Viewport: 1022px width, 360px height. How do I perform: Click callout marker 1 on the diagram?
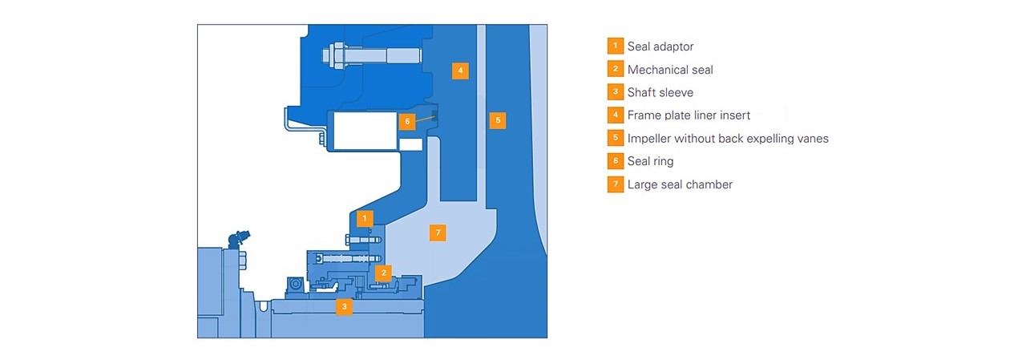(x=365, y=217)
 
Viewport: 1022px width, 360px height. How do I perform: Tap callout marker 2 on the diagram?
(x=384, y=273)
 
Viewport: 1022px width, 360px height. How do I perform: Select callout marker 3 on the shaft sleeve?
(x=344, y=306)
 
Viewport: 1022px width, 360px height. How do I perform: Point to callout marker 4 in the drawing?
(x=459, y=71)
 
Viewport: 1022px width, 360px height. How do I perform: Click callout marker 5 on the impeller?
(x=498, y=120)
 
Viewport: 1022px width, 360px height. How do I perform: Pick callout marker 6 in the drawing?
(x=407, y=121)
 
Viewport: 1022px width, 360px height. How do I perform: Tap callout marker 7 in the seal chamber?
(x=437, y=233)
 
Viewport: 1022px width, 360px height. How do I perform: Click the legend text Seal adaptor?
(x=660, y=47)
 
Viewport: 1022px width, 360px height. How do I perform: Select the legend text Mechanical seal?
(x=670, y=70)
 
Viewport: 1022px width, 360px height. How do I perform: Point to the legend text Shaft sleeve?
(x=660, y=92)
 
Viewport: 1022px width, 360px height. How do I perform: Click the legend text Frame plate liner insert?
(x=689, y=115)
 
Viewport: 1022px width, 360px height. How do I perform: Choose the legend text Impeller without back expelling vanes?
(x=728, y=139)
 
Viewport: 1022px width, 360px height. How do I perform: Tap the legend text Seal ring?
(x=650, y=161)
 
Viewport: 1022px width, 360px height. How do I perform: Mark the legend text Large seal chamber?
(x=680, y=184)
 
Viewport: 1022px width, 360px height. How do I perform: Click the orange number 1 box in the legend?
(x=615, y=47)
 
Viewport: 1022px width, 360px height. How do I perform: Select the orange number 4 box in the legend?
(x=615, y=115)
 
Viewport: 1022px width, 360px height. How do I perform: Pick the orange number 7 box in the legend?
(x=615, y=184)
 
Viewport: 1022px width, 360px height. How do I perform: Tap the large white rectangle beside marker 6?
(x=365, y=131)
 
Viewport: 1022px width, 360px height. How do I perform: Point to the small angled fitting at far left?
(x=238, y=237)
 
